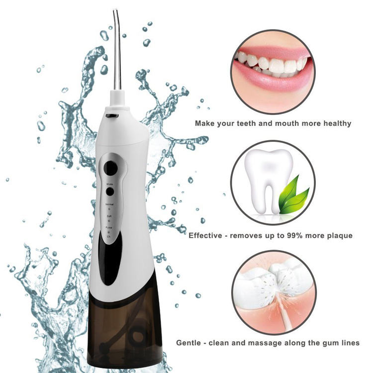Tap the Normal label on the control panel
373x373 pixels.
pos(109,204)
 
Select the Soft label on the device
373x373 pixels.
pos(109,216)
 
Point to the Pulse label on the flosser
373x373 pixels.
pos(109,227)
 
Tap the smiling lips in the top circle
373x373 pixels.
pos(273,70)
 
